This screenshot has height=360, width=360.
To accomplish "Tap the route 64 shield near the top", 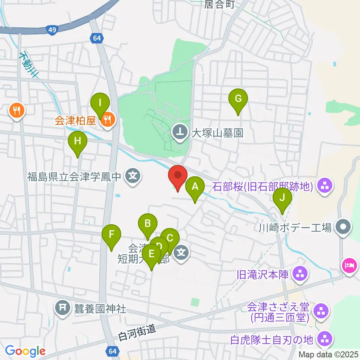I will [x=96, y=37].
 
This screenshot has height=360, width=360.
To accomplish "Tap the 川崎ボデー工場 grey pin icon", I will [x=343, y=227].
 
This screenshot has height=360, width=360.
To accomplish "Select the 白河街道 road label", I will [x=136, y=330].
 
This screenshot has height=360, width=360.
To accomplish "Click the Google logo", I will [x=25, y=351].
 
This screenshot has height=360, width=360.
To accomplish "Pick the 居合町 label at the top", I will [x=219, y=4].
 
